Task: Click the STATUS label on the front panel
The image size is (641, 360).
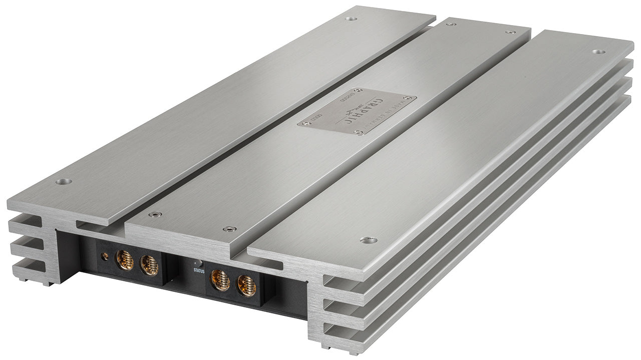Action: [x=199, y=270]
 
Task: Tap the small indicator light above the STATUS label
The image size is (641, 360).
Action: [x=198, y=262]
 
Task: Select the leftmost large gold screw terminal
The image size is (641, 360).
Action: [x=125, y=260]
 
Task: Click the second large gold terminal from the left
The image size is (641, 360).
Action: [x=149, y=265]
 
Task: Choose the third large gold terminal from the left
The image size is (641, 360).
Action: [x=221, y=280]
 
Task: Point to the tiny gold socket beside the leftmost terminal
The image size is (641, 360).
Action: [x=105, y=256]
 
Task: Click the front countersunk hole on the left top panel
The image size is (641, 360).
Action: [x=64, y=181]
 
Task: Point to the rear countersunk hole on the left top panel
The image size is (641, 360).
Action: [x=351, y=19]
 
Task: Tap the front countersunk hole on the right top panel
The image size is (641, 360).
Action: [x=369, y=240]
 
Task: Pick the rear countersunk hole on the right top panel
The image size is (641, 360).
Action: [x=598, y=52]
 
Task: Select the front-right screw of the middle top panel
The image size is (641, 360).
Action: [x=230, y=229]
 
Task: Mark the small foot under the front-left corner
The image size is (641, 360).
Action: [x=48, y=283]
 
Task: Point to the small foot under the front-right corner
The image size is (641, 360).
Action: [x=326, y=346]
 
